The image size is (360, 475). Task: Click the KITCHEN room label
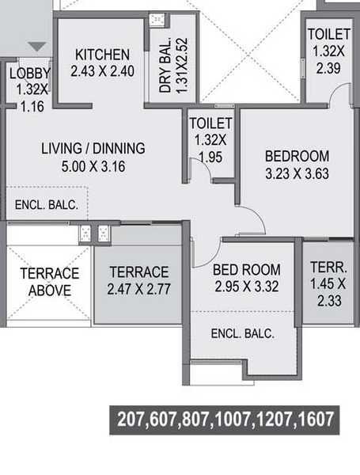pos(102,55)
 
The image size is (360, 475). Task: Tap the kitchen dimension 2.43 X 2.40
pos(102,70)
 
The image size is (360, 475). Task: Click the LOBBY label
pos(29,74)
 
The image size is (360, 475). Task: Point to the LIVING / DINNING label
pos(93,148)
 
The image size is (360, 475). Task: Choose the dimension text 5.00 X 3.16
pos(93,166)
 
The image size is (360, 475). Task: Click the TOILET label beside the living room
pos(210,123)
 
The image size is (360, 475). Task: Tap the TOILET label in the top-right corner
pos(329,34)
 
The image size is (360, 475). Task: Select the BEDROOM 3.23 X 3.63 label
pos(297,156)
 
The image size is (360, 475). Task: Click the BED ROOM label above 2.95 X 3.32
pos(246,270)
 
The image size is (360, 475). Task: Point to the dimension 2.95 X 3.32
pos(246,287)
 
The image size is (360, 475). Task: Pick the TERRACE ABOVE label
pos(49,282)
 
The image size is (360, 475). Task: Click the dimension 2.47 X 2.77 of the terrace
pos(139,288)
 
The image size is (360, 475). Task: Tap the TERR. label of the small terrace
pos(327,267)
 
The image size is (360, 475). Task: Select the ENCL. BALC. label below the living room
pos(47,205)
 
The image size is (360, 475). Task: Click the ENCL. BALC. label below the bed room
pos(242,334)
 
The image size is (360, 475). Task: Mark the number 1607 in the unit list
pos(315,419)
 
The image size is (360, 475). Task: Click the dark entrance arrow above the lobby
pos(36,47)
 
